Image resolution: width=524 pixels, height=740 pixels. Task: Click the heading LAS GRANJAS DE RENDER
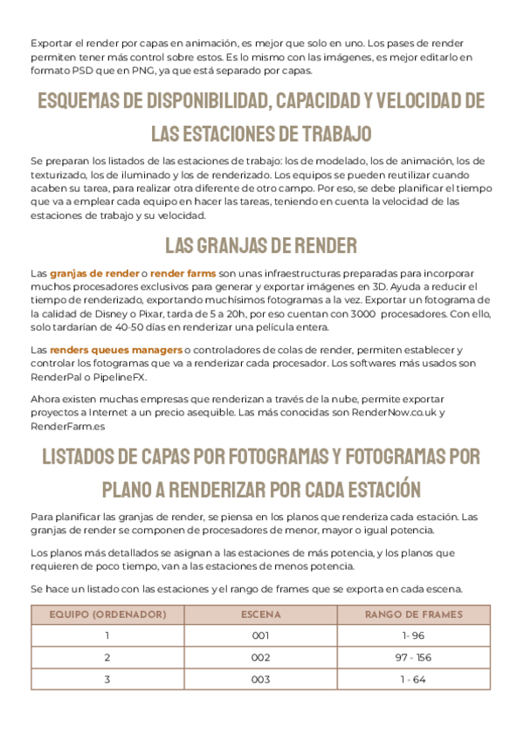261,243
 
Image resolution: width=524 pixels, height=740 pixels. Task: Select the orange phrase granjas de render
94,273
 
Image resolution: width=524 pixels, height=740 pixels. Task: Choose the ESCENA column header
260,614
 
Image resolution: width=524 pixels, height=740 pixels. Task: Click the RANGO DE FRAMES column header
413,614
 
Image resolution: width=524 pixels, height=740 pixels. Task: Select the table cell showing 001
260,635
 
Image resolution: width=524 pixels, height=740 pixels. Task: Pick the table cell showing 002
260,657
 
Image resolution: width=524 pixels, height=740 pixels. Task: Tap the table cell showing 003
260,679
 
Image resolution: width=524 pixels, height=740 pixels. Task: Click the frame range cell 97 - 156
413,657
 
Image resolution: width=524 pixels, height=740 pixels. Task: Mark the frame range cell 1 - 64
413,679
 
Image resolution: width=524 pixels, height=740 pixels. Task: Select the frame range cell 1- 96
413,635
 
